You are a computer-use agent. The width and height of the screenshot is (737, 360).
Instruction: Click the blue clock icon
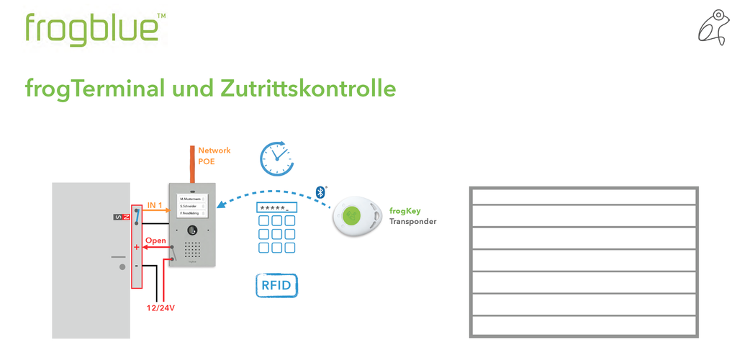coord(276,158)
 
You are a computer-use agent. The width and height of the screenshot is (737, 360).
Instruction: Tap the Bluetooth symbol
coord(320,192)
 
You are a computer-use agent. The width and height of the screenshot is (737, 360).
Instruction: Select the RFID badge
coord(277,285)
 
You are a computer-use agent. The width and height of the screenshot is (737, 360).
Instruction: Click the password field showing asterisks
coord(277,207)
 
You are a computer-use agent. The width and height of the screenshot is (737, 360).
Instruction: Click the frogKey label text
coord(404,211)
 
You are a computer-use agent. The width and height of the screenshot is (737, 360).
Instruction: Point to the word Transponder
coord(412,222)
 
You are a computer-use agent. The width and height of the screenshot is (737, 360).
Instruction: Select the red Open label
coord(155,240)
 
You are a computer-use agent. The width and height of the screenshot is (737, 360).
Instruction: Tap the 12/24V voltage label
coord(161,308)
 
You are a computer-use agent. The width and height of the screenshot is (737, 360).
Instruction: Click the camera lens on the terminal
coord(192,230)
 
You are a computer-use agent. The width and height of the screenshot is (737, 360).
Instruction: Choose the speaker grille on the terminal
coord(192,249)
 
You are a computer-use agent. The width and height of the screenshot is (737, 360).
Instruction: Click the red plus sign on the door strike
coord(136,248)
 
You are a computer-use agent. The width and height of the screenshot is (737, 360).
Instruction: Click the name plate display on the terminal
coord(192,205)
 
